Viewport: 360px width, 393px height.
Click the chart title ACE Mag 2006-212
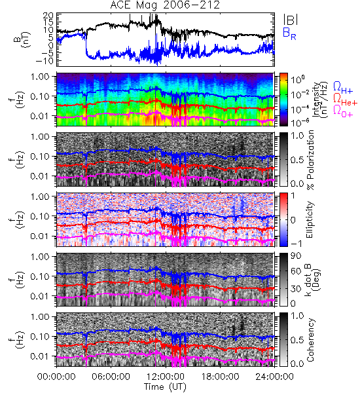click(165, 5)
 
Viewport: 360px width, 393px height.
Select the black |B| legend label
click(291, 19)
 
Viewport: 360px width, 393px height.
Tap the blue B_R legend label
click(289, 33)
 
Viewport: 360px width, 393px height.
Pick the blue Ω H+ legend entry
click(343, 88)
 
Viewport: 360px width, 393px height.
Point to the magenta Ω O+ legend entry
click(343, 111)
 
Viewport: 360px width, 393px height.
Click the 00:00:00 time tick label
click(56, 377)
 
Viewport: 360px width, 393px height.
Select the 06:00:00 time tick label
click(111, 377)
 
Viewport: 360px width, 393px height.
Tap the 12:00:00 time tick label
click(166, 377)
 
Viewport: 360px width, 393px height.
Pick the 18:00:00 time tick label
click(220, 377)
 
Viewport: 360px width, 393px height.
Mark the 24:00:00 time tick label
click(274, 377)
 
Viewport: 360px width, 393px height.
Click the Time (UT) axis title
click(166, 386)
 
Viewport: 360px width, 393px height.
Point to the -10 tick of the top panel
click(45, 60)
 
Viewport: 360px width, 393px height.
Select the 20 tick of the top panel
click(48, 16)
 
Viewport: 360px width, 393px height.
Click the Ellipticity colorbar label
click(310, 219)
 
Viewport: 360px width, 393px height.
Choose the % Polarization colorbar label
click(310, 160)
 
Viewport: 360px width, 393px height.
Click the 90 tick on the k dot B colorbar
click(297, 255)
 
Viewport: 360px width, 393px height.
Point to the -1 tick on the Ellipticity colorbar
click(295, 244)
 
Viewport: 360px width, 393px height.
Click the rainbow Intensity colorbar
click(283, 100)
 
